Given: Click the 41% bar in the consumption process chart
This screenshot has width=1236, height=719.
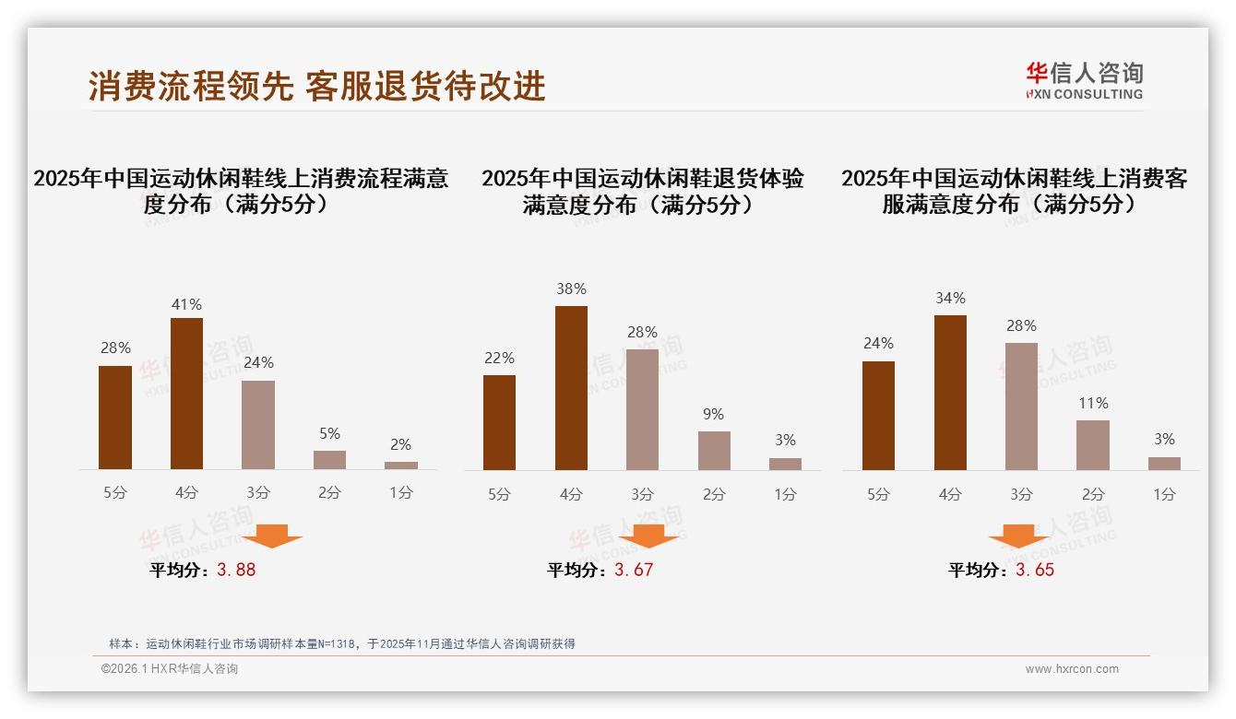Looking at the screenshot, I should coord(186,394).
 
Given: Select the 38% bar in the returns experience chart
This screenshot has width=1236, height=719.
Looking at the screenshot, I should coord(571,388).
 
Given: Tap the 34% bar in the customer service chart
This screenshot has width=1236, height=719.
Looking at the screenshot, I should coord(950,393).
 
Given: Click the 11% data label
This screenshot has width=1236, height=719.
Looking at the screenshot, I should coord(1092,403).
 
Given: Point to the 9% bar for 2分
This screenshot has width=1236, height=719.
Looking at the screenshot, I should coord(714,451).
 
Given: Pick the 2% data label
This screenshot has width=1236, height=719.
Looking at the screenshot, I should coord(400,444).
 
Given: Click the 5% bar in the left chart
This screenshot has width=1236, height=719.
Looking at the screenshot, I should coord(329,460).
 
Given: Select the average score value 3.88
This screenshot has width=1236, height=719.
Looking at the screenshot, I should coord(236,570).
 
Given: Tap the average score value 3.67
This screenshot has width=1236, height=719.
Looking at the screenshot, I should coord(634,570).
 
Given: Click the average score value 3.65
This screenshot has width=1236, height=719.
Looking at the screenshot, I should coord(1035,570).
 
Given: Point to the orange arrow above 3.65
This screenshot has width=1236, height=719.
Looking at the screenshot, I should coord(1018,536).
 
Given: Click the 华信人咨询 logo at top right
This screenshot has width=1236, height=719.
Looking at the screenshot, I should coord(1084,80).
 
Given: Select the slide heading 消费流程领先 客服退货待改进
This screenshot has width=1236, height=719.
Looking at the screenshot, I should coord(317,86).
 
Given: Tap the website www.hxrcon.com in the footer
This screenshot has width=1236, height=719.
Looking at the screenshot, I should coord(1072,669).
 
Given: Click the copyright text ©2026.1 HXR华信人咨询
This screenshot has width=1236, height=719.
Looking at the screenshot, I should coord(169,669).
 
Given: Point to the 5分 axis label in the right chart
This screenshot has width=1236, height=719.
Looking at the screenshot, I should coord(878,494).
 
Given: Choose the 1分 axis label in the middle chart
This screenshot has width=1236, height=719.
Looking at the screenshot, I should coord(785,494).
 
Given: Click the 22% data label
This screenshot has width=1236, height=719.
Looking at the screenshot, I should coord(499,358).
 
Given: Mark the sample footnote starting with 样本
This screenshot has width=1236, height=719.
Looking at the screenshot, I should coord(341,643).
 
